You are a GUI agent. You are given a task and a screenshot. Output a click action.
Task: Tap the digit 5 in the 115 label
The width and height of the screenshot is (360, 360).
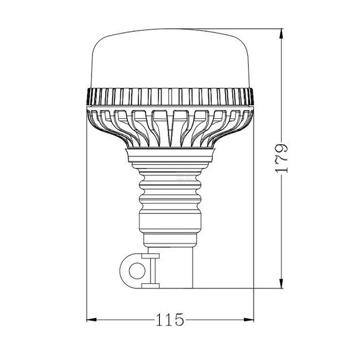click(179, 320)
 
